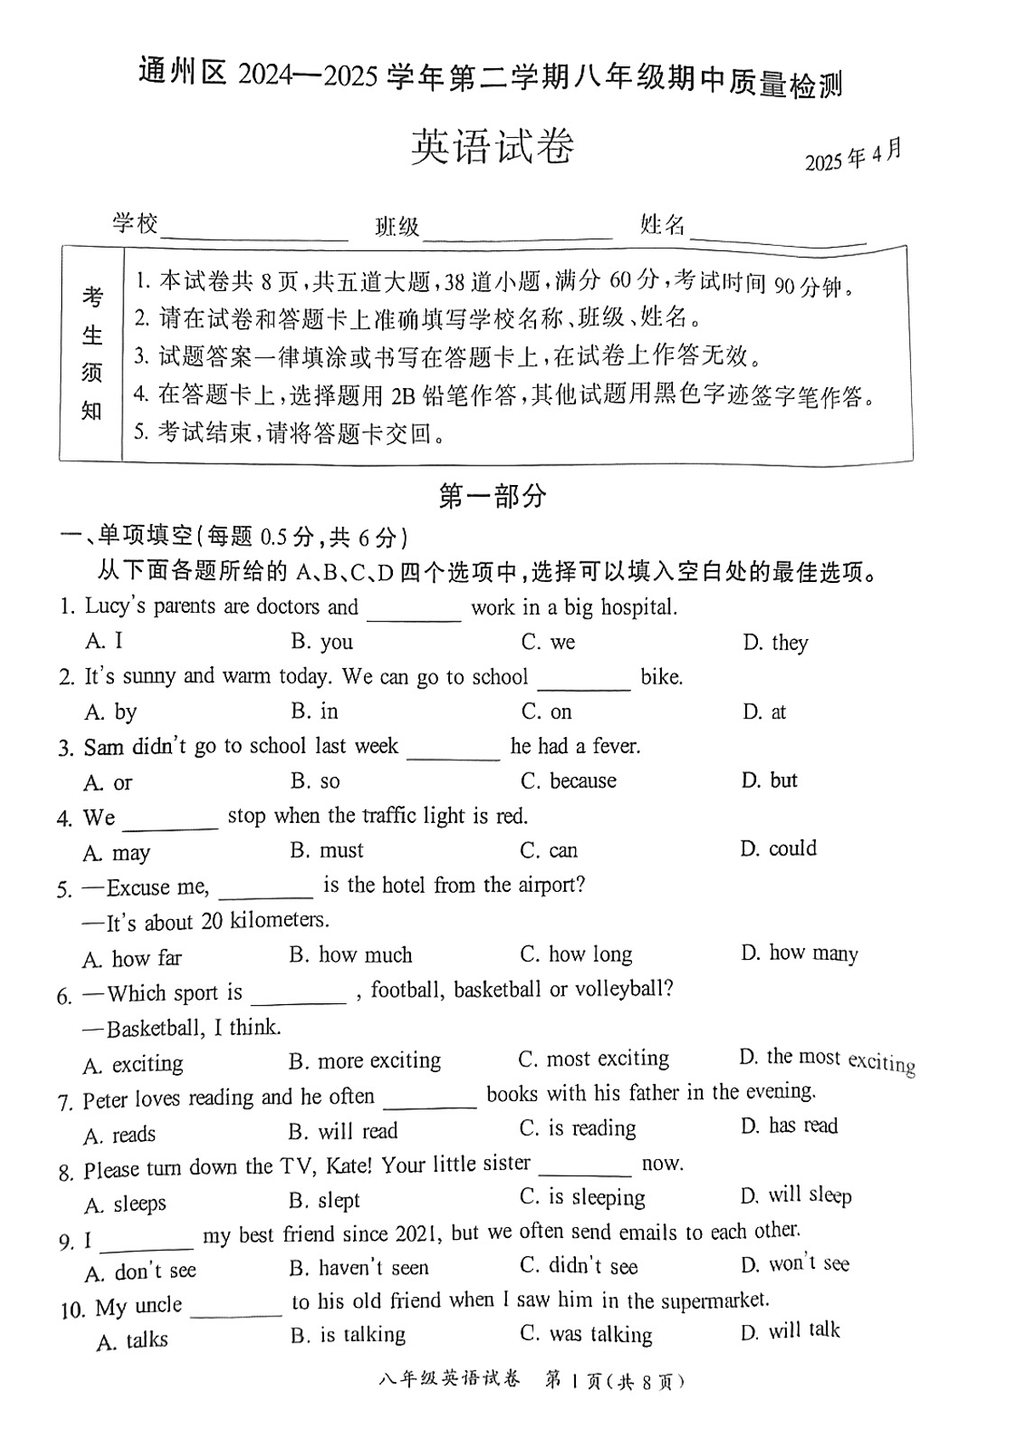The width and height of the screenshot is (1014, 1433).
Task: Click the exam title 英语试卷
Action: click(x=493, y=147)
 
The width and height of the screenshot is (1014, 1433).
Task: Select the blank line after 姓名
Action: click(x=778, y=237)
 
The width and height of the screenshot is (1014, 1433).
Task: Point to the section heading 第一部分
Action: click(x=492, y=496)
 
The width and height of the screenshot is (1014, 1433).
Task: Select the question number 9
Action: click(x=66, y=1242)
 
